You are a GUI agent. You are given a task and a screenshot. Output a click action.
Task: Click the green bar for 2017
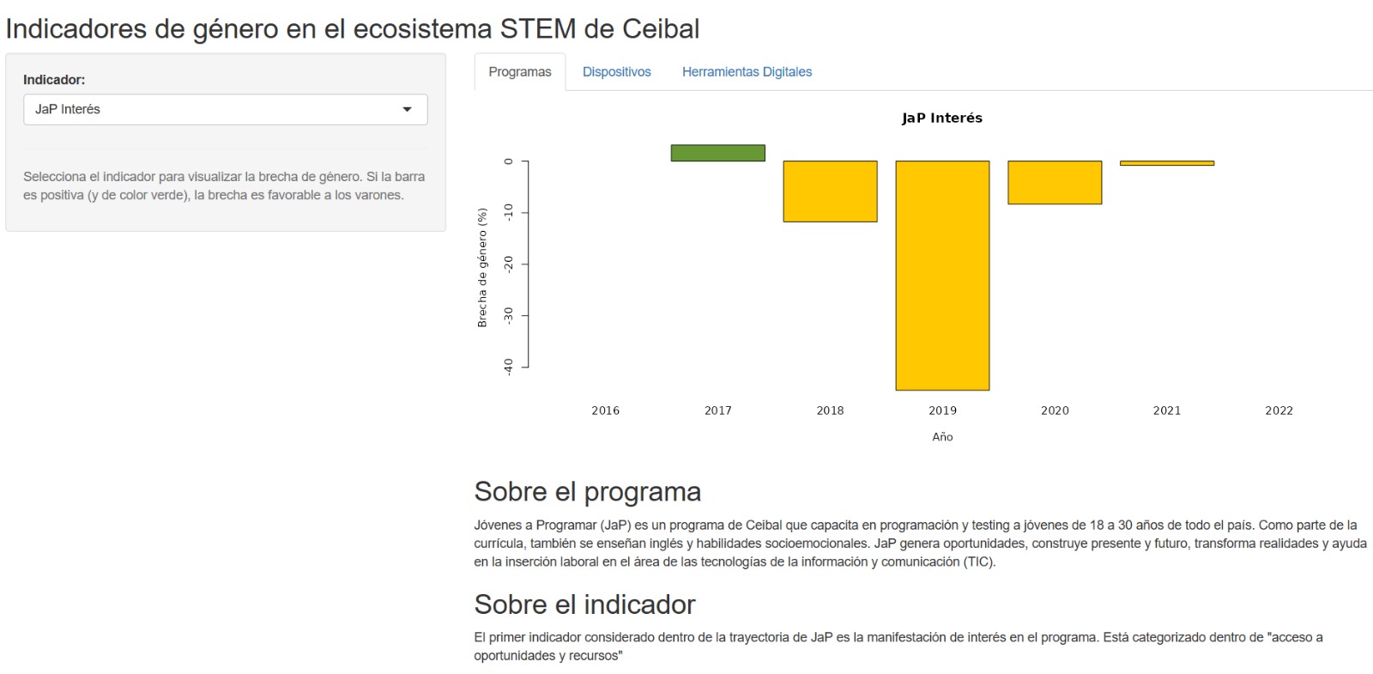click(717, 153)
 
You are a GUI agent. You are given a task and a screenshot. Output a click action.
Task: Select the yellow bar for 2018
click(830, 191)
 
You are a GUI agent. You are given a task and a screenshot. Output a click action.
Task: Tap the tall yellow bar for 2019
click(942, 275)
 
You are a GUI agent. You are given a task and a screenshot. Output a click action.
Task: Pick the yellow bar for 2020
click(1055, 182)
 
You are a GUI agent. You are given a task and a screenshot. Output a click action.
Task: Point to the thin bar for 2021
click(1166, 163)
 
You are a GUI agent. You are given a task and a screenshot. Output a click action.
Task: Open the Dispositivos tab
click(616, 72)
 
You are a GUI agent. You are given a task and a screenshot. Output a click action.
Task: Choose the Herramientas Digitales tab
click(747, 72)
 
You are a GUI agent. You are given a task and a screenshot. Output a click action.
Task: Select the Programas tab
click(519, 72)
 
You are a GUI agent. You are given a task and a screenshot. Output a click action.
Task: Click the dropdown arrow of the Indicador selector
click(407, 109)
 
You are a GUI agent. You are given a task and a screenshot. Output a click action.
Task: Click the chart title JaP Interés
click(941, 118)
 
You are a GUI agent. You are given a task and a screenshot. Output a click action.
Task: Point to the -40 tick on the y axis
click(508, 367)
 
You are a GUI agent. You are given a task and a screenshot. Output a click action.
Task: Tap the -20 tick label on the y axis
click(508, 264)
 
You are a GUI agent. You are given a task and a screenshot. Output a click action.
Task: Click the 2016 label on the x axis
click(605, 410)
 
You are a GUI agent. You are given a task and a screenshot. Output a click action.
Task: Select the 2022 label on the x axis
click(1279, 410)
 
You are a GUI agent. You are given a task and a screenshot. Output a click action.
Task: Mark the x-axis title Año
click(942, 437)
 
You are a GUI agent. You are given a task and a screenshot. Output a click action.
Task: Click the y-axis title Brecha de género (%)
click(482, 267)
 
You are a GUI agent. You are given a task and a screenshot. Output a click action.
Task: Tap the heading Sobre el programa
click(587, 492)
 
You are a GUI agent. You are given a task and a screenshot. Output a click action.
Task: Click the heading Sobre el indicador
click(584, 604)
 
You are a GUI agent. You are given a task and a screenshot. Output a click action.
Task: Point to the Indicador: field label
click(54, 80)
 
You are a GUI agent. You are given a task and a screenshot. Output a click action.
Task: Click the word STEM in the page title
click(538, 29)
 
